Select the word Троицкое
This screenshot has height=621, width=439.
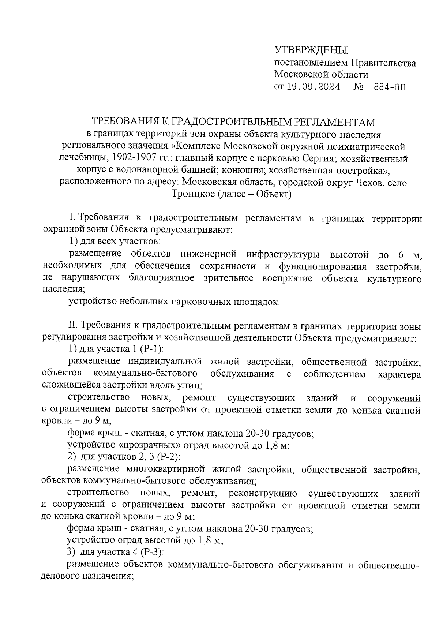[x=193, y=194]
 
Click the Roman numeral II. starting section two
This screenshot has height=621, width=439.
[x=71, y=325]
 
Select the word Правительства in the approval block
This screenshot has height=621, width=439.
[x=383, y=63]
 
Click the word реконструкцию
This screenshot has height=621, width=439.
[x=263, y=493]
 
